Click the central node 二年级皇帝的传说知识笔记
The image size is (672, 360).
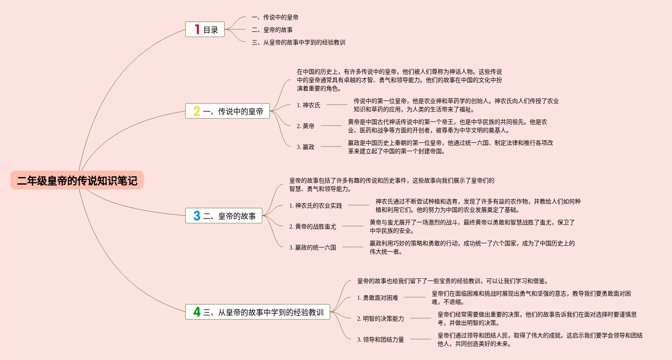[77, 180]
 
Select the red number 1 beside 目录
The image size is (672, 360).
[197, 29]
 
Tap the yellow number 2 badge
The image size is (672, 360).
[197, 111]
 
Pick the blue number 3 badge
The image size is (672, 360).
[197, 216]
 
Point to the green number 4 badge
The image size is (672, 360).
[197, 312]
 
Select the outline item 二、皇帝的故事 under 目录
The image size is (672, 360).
[272, 30]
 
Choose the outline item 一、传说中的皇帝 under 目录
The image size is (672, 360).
[275, 17]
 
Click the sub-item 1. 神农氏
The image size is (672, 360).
[309, 105]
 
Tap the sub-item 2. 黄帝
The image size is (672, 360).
[306, 126]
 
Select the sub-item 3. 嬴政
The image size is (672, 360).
[306, 147]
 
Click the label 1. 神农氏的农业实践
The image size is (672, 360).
[316, 206]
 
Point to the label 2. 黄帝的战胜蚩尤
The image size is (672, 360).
[313, 226]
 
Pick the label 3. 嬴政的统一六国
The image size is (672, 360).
[313, 247]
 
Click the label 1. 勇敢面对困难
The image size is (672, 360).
[378, 298]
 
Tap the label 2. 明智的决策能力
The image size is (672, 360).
[381, 319]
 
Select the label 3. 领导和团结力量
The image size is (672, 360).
[381, 339]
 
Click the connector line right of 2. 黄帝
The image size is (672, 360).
[331, 126]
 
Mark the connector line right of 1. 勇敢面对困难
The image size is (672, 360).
[415, 297]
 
